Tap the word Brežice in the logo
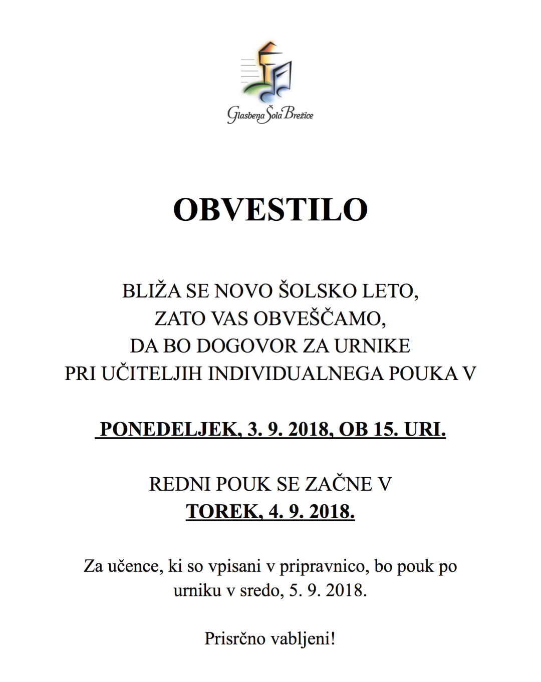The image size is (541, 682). [299, 114]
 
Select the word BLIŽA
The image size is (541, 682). [151, 291]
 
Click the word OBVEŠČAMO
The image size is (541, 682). [319, 318]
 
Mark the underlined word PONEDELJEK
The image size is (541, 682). [170, 430]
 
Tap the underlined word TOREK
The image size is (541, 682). [223, 512]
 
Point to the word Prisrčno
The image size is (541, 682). [234, 638]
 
